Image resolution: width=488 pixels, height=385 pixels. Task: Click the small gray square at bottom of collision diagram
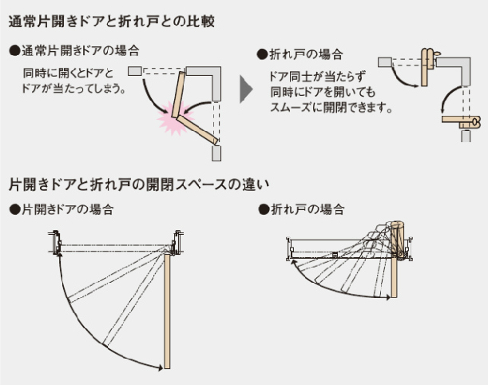coord(216,152)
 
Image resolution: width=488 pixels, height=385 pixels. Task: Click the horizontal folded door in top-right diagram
coord(462,122)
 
